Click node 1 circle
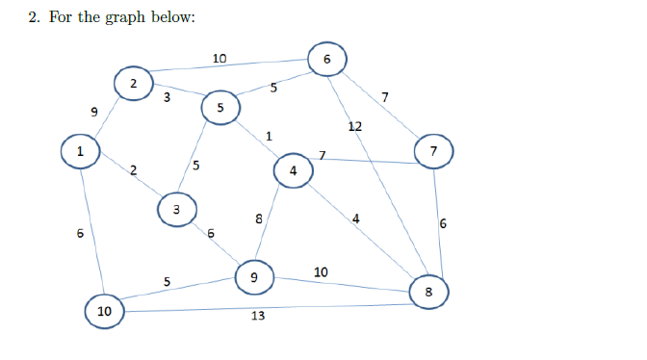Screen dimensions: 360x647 click(81, 151)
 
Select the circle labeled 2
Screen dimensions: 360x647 click(134, 84)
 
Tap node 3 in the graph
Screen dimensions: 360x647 click(175, 209)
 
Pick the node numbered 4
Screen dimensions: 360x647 click(293, 171)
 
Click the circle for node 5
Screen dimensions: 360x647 click(220, 109)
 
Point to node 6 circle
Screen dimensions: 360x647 click(327, 59)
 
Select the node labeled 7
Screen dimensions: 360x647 click(434, 151)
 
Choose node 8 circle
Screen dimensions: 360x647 click(429, 290)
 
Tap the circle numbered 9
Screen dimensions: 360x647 click(254, 277)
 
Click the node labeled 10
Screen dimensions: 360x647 click(104, 311)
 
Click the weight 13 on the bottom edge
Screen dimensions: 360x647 click(257, 316)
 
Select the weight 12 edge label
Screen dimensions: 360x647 click(355, 126)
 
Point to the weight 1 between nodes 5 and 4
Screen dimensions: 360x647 click(269, 136)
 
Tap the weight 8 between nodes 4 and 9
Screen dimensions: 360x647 click(259, 219)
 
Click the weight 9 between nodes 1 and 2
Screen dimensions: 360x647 click(93, 113)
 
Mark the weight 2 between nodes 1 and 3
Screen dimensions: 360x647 click(134, 170)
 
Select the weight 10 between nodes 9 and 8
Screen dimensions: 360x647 click(321, 271)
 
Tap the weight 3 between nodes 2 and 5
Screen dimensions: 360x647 click(167, 96)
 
